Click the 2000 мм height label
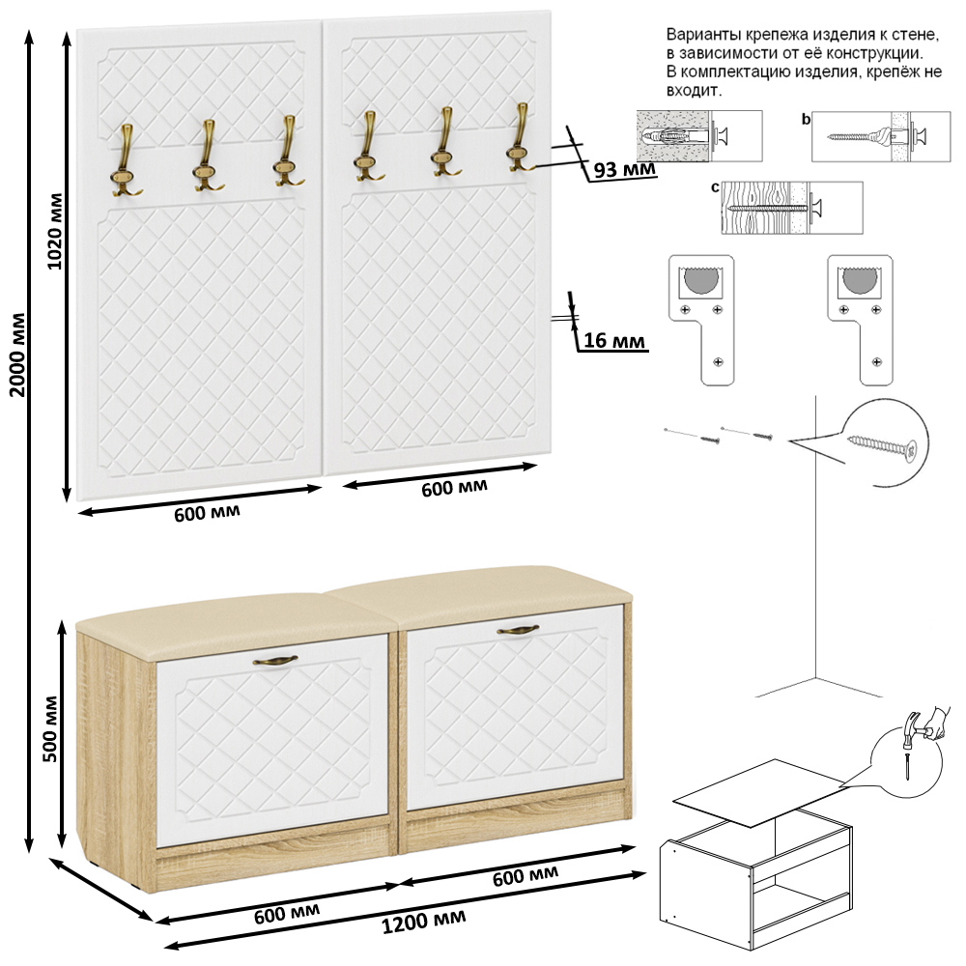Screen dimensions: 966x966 point(18,355)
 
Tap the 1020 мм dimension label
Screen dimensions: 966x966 point(55,231)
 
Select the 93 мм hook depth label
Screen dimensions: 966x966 point(624,168)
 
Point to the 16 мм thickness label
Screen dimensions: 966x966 point(614,340)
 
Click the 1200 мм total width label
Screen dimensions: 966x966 point(424,922)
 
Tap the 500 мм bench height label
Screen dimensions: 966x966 point(50,728)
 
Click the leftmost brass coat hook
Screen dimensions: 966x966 point(126,160)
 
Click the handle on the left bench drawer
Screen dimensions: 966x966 point(275,661)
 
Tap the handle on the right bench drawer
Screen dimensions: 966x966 point(518,630)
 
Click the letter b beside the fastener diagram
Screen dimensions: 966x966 point(806,120)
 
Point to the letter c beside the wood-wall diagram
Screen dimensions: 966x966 point(715,187)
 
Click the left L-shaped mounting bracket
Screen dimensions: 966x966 point(701,321)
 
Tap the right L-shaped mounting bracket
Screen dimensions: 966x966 point(860,321)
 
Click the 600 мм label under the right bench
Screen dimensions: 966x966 point(526,875)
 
